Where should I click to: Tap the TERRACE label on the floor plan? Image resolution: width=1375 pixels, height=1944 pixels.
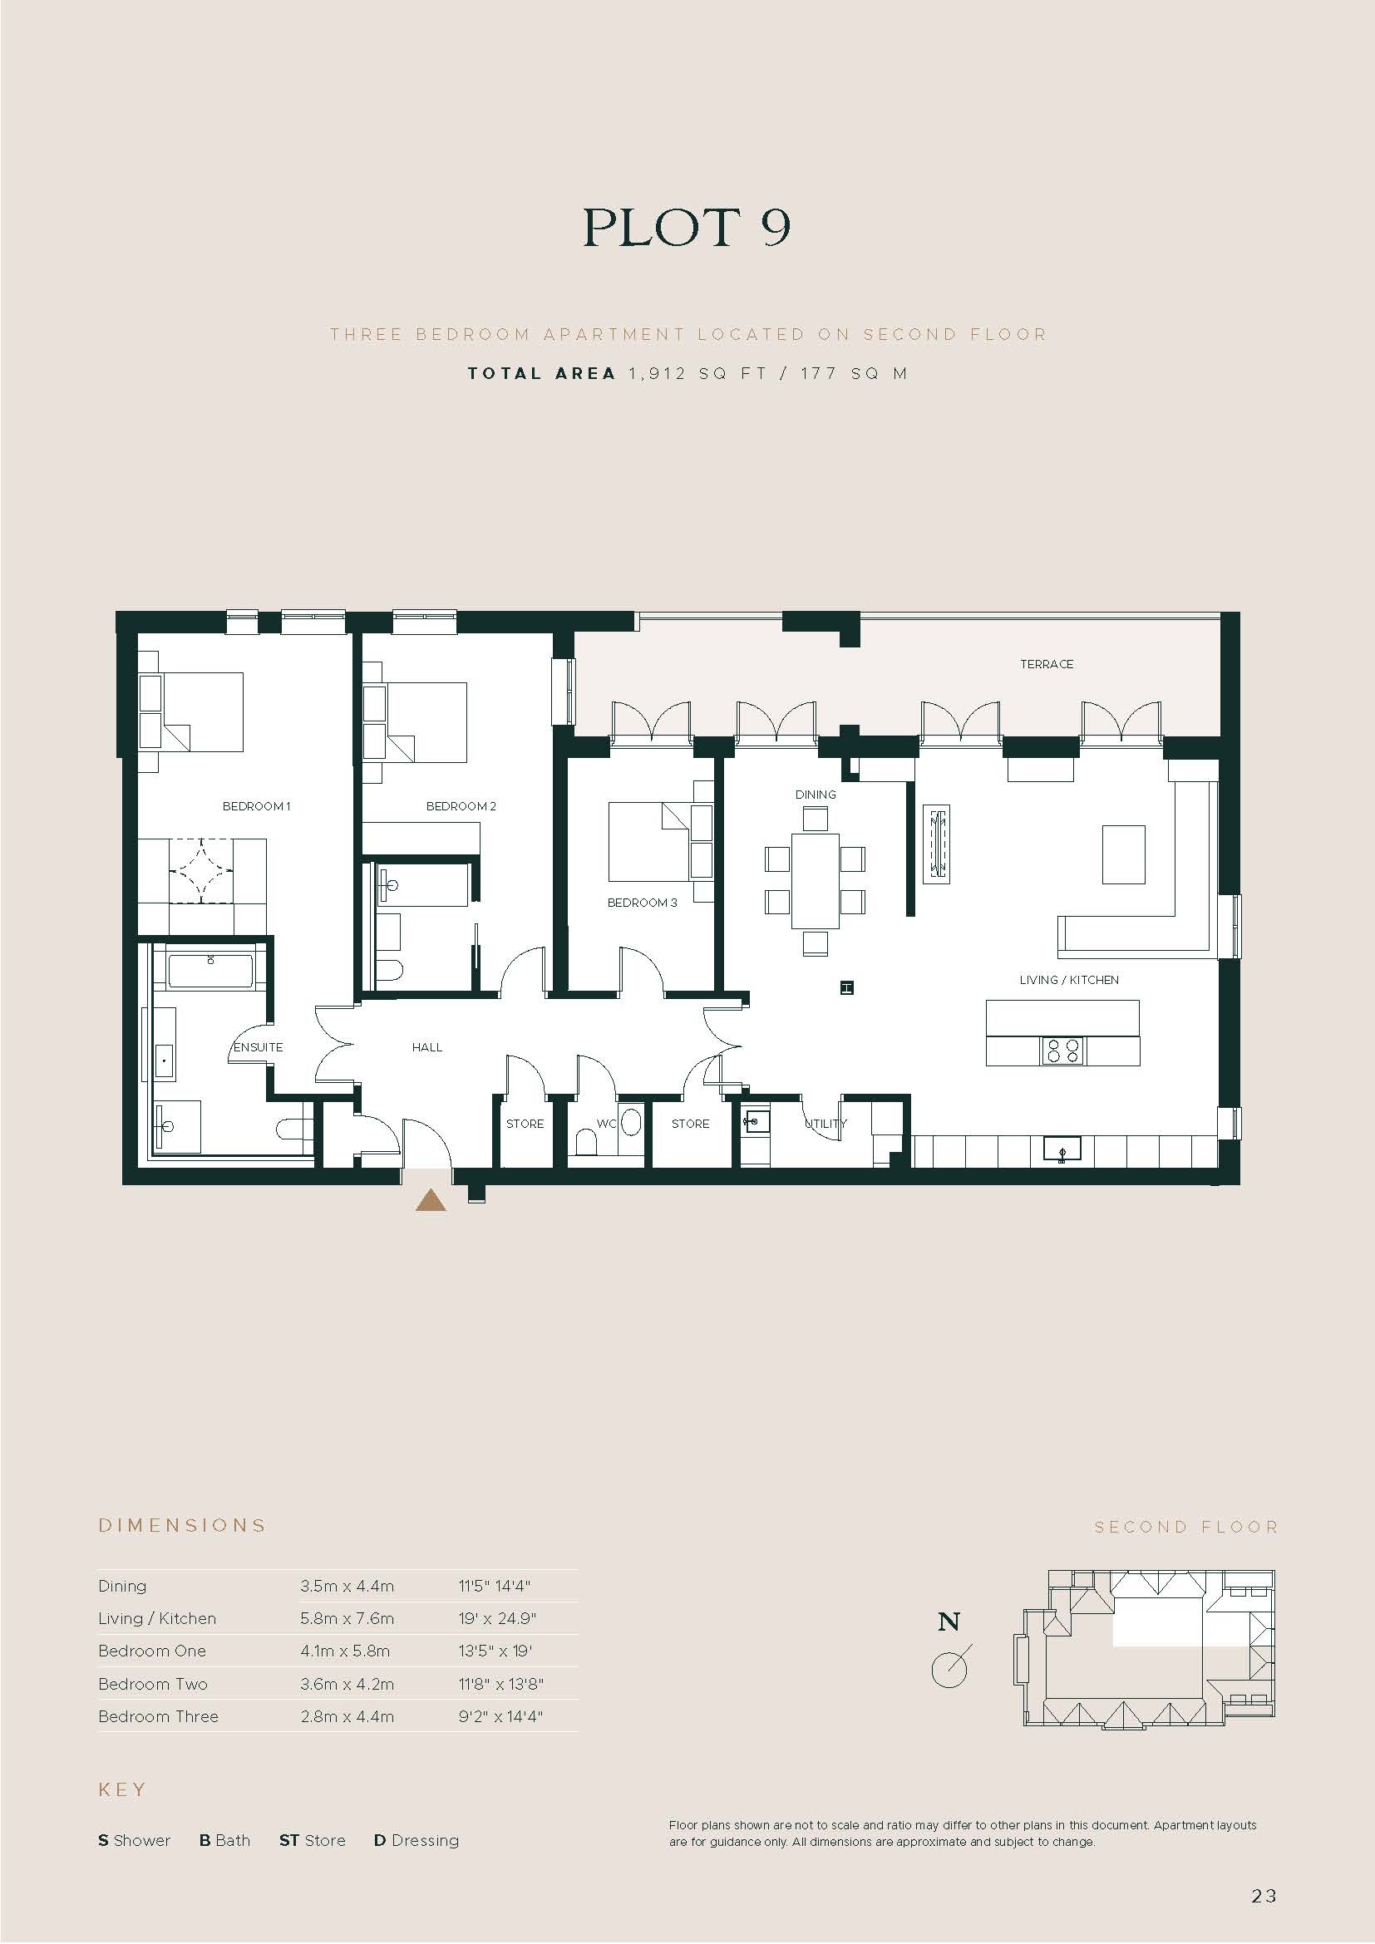click(x=1047, y=665)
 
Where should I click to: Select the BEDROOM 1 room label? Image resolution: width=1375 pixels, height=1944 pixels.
click(x=257, y=806)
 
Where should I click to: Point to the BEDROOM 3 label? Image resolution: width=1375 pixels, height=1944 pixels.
click(x=642, y=903)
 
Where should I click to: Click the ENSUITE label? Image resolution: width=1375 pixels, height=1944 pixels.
click(x=259, y=1047)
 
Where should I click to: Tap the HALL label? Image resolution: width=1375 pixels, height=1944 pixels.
click(x=427, y=1047)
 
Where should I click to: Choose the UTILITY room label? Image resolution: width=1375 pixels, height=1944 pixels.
click(x=825, y=1124)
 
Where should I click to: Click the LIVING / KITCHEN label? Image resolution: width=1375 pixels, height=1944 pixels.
click(x=1069, y=980)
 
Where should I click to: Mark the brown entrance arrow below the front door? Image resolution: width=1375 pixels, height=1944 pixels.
click(x=430, y=1201)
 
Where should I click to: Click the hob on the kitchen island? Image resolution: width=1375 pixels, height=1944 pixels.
click(x=1062, y=1051)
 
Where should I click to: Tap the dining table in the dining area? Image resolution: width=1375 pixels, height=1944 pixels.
click(x=816, y=880)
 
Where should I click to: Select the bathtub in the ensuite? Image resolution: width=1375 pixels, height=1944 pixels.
click(x=211, y=971)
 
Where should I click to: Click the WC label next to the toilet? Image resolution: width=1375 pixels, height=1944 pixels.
click(x=607, y=1124)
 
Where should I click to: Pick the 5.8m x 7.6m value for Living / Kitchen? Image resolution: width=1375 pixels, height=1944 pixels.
click(x=347, y=1618)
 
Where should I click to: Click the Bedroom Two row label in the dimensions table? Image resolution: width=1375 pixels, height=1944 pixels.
click(x=152, y=1684)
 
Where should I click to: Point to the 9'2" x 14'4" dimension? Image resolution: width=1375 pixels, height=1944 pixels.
click(x=500, y=1716)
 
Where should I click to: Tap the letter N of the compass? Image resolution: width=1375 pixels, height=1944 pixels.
click(x=949, y=1622)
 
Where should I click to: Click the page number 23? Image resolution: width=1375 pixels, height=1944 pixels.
click(x=1264, y=1896)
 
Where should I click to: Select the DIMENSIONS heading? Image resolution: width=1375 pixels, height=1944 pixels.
click(x=182, y=1526)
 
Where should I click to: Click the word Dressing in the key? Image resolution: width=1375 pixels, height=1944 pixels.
click(x=425, y=1841)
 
